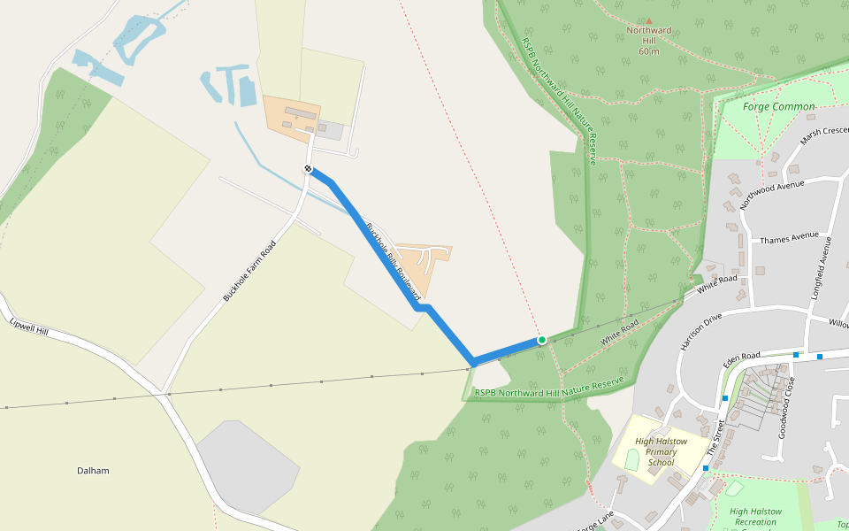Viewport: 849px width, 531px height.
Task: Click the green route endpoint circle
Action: click(x=542, y=340)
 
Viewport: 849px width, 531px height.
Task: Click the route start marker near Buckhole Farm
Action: click(x=308, y=168)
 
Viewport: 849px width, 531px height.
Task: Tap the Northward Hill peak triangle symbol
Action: click(x=649, y=20)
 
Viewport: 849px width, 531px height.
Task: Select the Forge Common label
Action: click(x=778, y=107)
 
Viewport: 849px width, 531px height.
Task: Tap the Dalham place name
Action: click(x=93, y=471)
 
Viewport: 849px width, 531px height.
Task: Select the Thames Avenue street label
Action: click(x=790, y=237)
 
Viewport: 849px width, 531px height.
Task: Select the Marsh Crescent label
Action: click(x=823, y=135)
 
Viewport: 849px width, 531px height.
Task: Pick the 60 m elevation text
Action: click(x=649, y=51)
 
